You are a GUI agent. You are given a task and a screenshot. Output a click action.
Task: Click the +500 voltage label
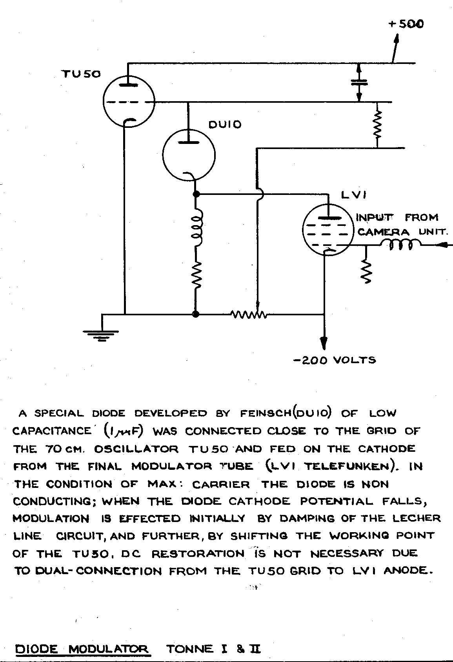coord(406,24)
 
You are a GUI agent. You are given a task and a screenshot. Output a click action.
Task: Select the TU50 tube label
coord(81,74)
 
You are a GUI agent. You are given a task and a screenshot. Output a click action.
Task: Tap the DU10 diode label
coord(225,125)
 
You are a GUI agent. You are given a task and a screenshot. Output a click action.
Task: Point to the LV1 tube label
coord(354,195)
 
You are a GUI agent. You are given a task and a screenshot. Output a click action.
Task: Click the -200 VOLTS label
coord(335,360)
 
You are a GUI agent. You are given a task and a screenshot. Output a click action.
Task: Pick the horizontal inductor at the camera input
coord(401,244)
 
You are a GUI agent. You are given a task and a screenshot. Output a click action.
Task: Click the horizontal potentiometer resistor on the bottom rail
coord(249,315)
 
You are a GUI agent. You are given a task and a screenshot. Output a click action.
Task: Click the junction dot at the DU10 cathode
coord(196,194)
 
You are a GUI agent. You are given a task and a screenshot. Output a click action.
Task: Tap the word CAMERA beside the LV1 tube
coord(383,232)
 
